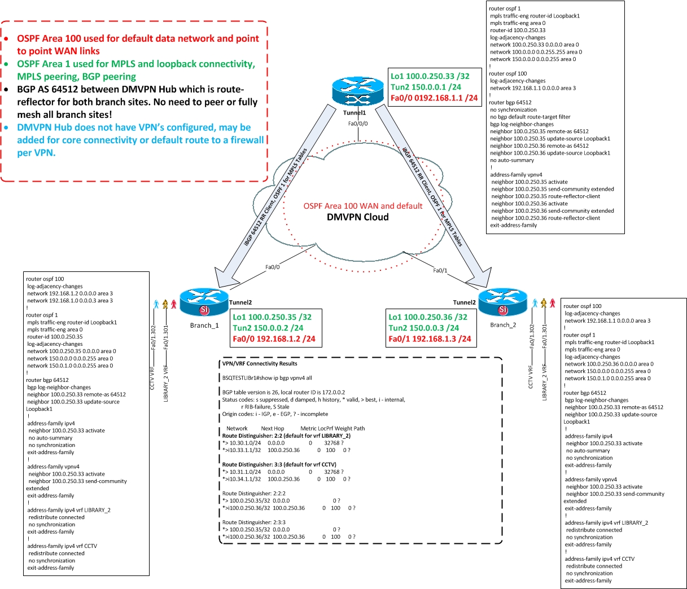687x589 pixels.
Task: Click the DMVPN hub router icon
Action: pos(358,90)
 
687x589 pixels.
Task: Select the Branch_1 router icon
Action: pos(204,302)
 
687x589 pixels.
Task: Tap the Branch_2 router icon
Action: pos(502,301)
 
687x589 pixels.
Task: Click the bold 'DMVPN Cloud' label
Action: pos(358,217)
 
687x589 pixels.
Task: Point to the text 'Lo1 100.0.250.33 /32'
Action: pos(430,76)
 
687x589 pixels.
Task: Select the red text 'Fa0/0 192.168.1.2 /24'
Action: pos(274,339)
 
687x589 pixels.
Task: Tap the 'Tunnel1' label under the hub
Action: pos(355,113)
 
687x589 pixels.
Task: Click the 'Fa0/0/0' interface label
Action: pos(358,124)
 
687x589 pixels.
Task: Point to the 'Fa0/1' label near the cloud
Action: pos(440,270)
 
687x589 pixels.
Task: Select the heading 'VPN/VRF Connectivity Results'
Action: pos(260,363)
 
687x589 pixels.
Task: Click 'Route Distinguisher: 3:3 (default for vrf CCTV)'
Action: pos(279,464)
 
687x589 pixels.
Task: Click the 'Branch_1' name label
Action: pos(204,325)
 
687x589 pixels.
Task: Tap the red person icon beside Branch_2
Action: pos(552,304)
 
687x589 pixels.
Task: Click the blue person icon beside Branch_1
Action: pos(156,304)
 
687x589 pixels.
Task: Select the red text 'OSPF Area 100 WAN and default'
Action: pos(362,206)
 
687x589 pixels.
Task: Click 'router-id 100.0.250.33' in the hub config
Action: pos(518,30)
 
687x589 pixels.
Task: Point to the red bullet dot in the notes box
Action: pos(6,39)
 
